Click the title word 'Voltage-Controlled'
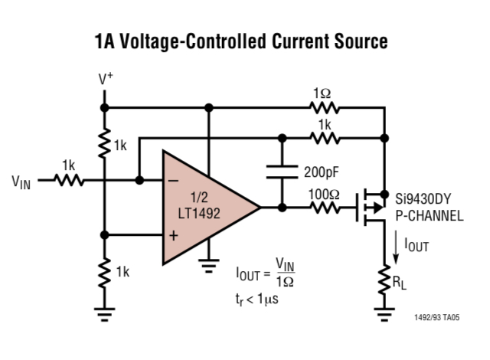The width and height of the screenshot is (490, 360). click(x=195, y=41)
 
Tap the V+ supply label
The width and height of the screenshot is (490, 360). click(x=106, y=80)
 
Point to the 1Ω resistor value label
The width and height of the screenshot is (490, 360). click(x=322, y=93)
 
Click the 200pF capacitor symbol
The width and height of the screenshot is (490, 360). click(x=282, y=173)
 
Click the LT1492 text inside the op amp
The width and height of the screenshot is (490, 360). click(x=198, y=214)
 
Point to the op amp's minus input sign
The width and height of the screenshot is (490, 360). click(x=173, y=181)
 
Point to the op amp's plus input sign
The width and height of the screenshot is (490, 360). click(x=173, y=235)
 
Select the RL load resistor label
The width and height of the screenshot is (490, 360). click(x=400, y=283)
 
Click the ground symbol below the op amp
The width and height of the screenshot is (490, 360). click(x=207, y=267)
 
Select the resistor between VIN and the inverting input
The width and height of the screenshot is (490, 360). click(x=69, y=181)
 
